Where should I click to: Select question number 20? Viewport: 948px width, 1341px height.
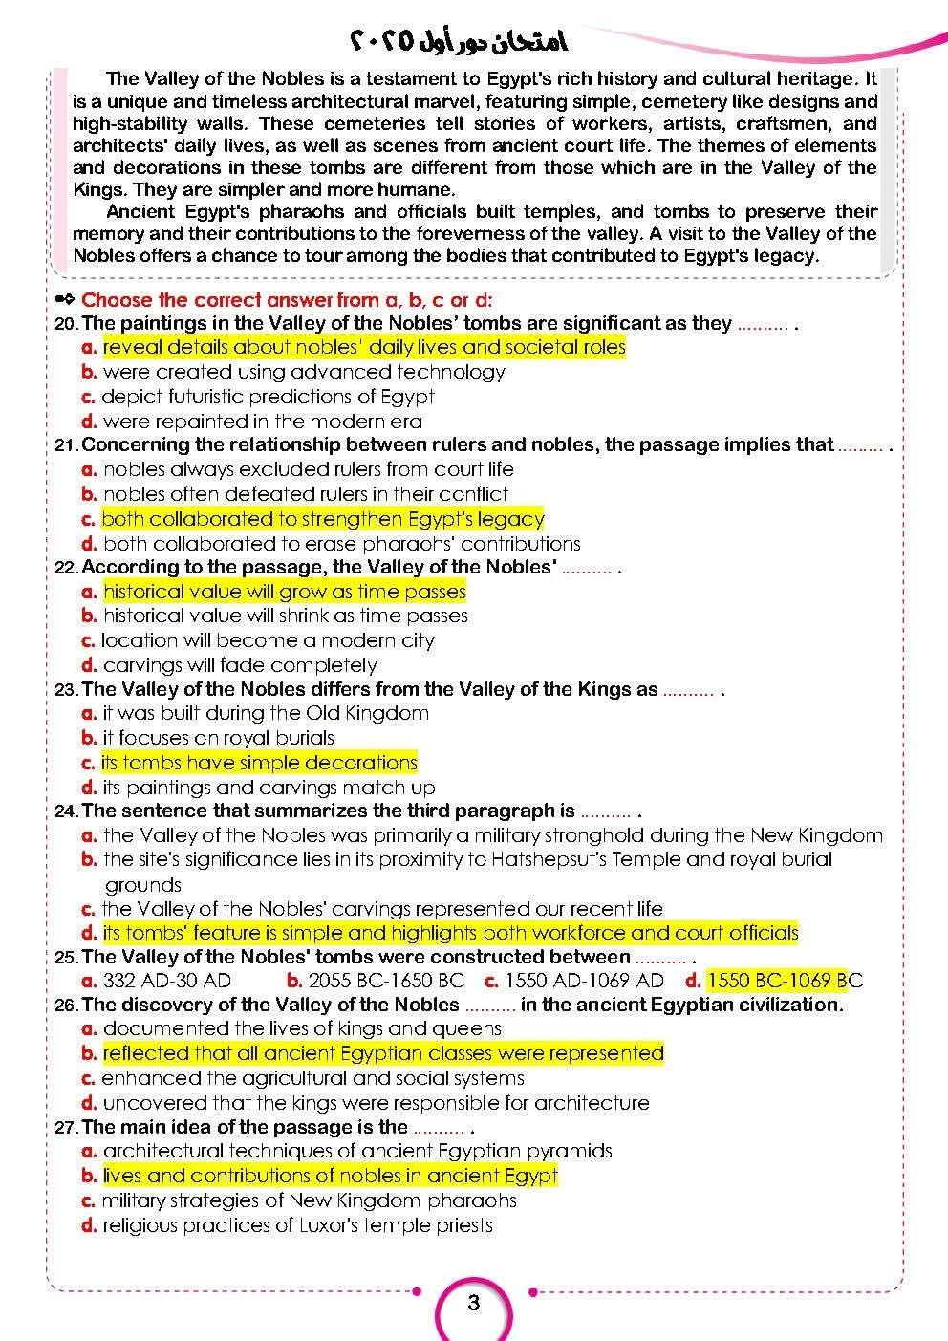[x=67, y=323]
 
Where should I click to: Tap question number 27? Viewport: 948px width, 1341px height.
[x=67, y=1127]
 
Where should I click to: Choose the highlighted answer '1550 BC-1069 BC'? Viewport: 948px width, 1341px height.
[x=784, y=980]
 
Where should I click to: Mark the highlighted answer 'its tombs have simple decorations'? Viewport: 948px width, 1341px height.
[x=259, y=763]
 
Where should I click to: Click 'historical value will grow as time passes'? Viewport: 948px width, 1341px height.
[x=284, y=592]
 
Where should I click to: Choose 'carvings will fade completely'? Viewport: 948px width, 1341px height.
[x=239, y=665]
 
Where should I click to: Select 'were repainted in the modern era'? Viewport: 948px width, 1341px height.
[x=262, y=422]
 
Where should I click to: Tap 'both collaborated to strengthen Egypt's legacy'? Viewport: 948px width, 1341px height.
[x=322, y=519]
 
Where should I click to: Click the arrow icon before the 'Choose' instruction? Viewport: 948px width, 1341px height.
[x=66, y=299]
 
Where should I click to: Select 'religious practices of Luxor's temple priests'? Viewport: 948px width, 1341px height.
[x=297, y=1225]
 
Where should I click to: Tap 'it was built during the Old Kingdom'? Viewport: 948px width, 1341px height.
[x=266, y=713]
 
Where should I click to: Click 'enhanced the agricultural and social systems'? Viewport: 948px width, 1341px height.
[x=312, y=1078]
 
